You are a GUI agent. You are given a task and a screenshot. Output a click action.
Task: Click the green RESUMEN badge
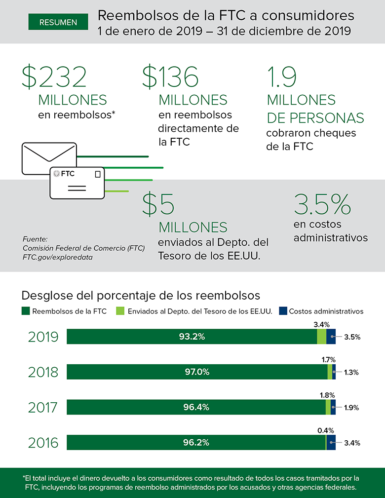click(58, 22)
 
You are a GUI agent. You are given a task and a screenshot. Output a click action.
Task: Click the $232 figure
click(54, 77)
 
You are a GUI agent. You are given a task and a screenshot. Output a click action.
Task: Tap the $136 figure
click(170, 77)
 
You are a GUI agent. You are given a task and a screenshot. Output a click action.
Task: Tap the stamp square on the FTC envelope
click(98, 174)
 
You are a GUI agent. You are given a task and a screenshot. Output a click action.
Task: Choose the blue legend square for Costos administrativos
click(283, 311)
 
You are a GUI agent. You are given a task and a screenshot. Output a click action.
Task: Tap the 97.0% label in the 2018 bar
click(197, 372)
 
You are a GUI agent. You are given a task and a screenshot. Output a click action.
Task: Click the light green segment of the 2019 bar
click(321, 337)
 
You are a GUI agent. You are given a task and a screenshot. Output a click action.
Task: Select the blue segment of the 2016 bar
click(331, 443)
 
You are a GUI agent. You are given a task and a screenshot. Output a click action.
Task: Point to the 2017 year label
click(43, 408)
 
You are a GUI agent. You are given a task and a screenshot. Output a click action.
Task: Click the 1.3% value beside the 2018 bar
click(352, 373)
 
